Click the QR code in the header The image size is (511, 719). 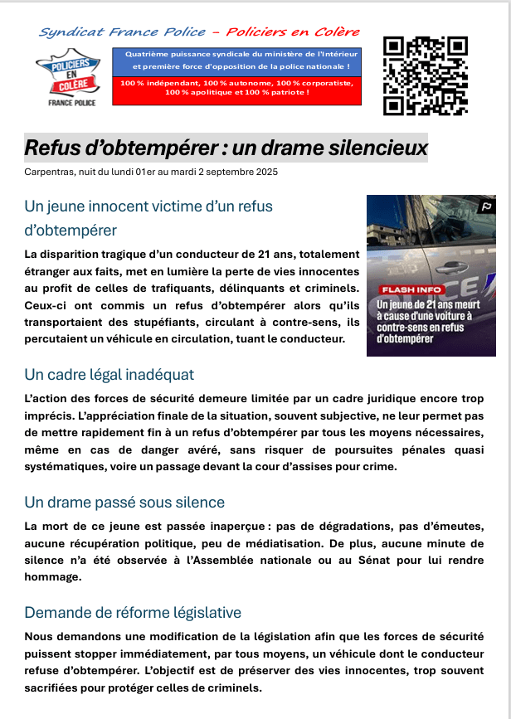tap(426, 76)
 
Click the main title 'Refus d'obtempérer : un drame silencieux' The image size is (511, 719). tap(226, 148)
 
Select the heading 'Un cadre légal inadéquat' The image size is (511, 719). tap(109, 375)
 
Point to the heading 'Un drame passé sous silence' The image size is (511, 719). tap(124, 503)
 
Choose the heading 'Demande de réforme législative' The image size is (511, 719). tap(133, 613)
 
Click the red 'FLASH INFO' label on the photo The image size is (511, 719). tap(411, 289)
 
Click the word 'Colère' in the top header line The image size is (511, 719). tap(335, 32)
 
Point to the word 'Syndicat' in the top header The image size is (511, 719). tap(67, 32)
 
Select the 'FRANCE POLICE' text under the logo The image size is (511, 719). tap(71, 103)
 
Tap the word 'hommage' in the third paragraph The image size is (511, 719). tap(52, 578)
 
